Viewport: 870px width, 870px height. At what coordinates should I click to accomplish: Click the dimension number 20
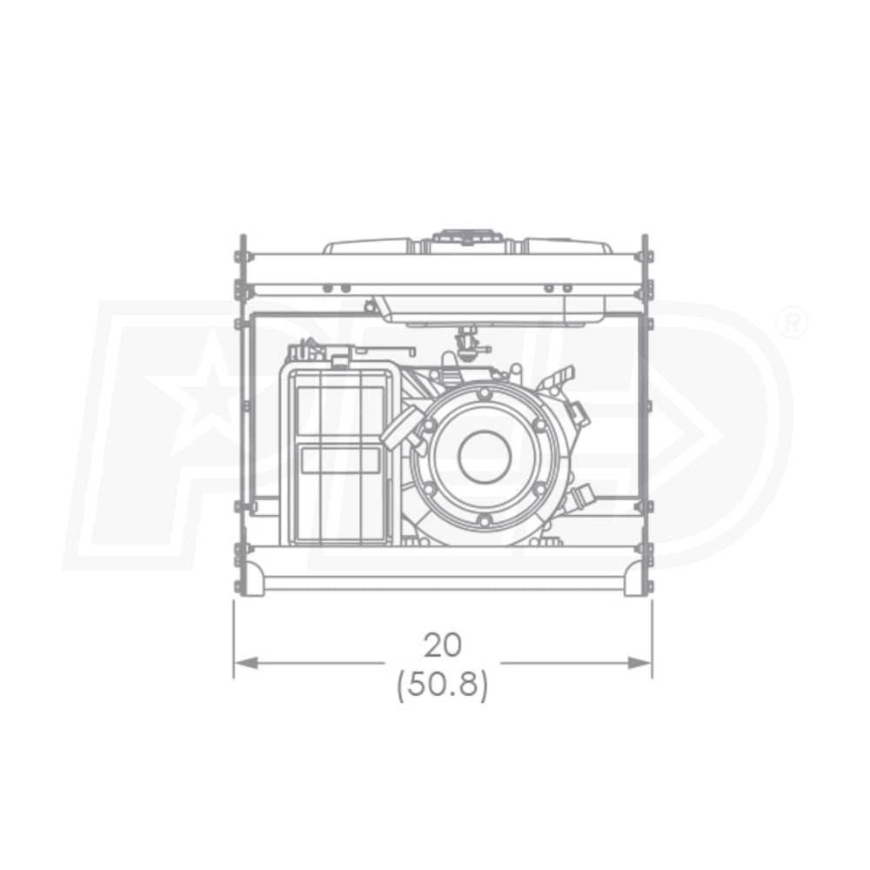tap(442, 645)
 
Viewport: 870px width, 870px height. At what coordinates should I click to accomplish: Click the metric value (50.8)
tap(442, 686)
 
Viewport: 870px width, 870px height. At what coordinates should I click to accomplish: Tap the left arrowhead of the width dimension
tap(246, 662)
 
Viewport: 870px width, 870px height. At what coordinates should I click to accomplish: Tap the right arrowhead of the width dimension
tap(639, 662)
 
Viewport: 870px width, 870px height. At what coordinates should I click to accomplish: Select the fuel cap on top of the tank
tap(466, 238)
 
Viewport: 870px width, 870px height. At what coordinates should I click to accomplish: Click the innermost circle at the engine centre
tap(483, 456)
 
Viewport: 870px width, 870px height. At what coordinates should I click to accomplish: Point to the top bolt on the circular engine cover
tap(484, 393)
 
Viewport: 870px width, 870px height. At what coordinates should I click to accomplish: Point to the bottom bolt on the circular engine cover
tap(484, 520)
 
